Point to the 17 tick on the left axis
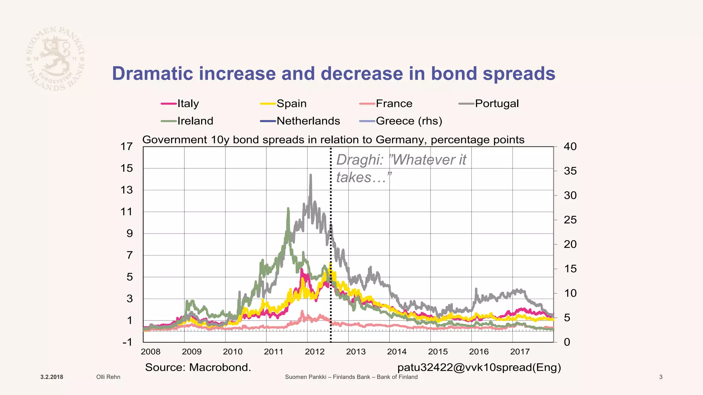(126, 147)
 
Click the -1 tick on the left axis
(127, 342)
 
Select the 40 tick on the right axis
(570, 147)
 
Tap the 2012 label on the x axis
(314, 352)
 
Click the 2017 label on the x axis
(520, 352)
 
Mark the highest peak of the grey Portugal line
(311, 175)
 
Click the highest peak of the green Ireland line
(288, 208)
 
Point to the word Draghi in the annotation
(359, 160)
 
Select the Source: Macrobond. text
(198, 368)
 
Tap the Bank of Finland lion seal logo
(55, 59)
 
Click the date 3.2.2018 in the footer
(52, 377)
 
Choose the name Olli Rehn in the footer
(108, 377)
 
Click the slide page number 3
(661, 377)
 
